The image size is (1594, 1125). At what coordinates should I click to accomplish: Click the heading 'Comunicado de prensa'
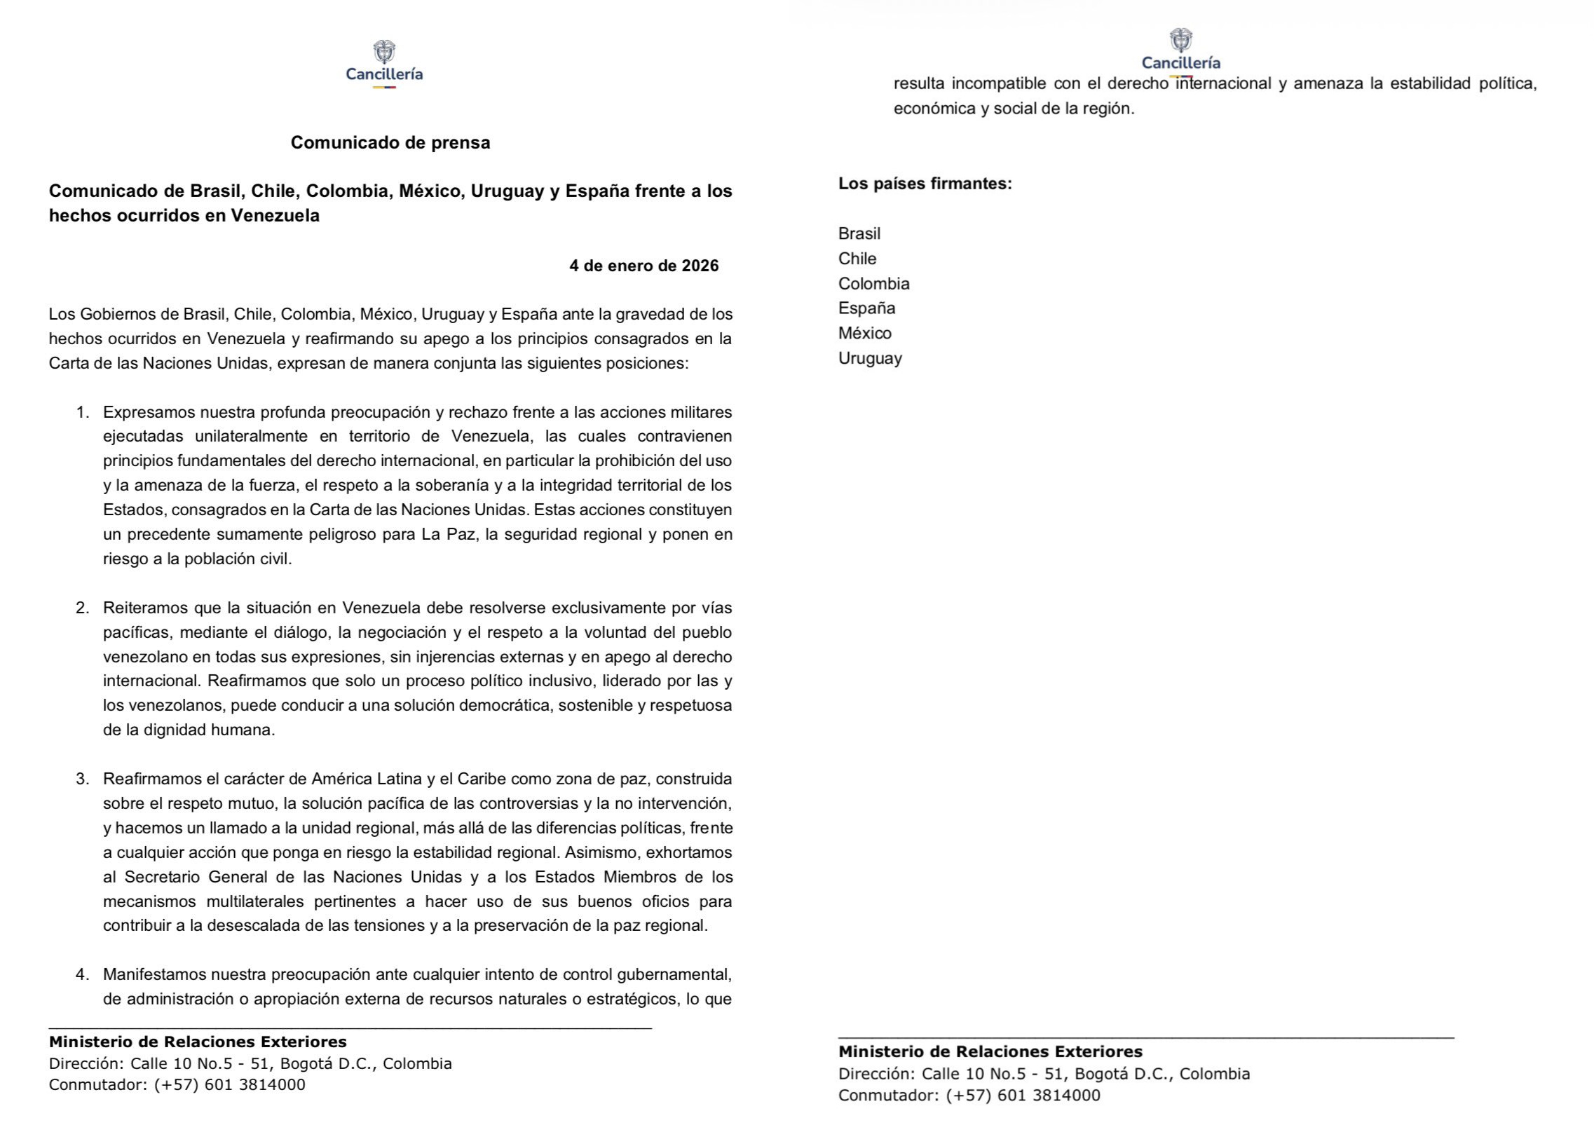coord(390,143)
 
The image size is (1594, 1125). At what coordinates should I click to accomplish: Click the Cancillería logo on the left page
coord(384,63)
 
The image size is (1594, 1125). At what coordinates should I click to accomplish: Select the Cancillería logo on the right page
coord(1180,49)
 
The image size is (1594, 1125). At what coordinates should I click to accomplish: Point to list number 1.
coord(83,412)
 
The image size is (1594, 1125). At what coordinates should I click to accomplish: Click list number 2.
coord(83,608)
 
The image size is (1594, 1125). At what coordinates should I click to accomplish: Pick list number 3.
coord(83,779)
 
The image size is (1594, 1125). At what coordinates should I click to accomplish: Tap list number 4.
coord(83,974)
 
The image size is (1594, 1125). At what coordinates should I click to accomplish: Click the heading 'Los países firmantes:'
coord(925,184)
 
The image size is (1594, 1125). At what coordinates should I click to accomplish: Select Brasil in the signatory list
coord(859,234)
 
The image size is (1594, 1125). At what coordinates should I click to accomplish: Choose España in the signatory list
coord(866,308)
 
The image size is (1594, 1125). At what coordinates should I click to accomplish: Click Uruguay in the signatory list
coord(870,358)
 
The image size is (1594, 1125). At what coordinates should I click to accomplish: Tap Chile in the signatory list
coord(857,259)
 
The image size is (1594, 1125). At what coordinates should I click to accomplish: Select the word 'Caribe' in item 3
coord(482,779)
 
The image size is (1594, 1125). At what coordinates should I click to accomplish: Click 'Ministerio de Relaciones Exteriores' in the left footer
coord(198,1042)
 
